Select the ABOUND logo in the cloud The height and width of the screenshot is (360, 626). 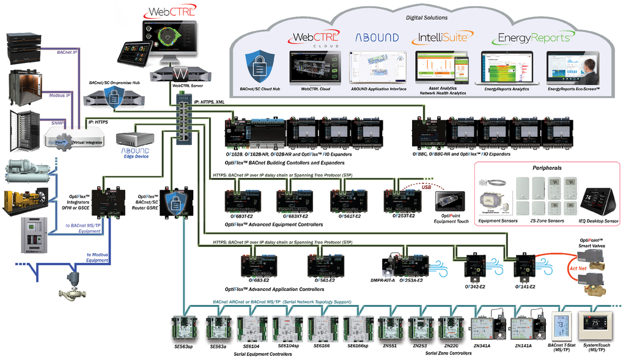[x=377, y=37]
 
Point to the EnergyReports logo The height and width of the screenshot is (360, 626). [x=533, y=38]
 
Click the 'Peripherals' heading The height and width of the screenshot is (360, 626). [x=547, y=167]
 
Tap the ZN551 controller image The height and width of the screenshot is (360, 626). [x=389, y=328]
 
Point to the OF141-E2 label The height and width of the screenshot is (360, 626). [x=524, y=287]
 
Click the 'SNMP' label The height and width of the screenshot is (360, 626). [x=58, y=123]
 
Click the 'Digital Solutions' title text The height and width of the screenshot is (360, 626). [x=427, y=18]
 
